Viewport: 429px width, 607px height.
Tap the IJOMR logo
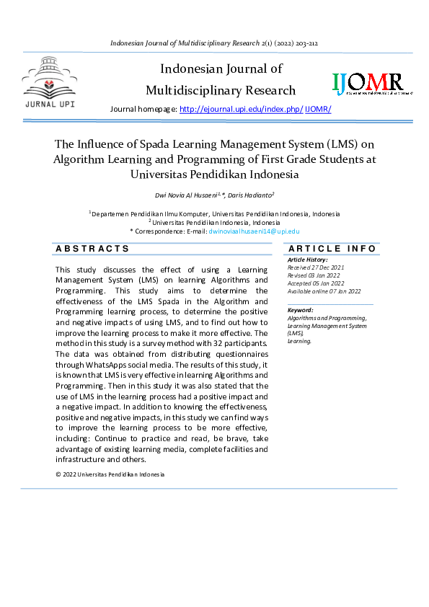(x=368, y=84)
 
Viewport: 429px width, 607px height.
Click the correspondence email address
(x=254, y=231)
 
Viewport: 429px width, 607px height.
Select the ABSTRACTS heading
(x=92, y=249)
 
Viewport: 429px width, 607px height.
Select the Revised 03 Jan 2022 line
(x=313, y=274)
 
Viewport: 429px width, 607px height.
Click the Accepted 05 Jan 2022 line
(x=315, y=282)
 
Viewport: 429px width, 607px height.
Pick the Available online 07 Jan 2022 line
(x=324, y=291)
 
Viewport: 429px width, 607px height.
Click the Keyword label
(x=300, y=310)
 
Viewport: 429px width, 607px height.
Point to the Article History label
(x=307, y=259)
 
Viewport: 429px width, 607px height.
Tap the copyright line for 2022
(x=110, y=474)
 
